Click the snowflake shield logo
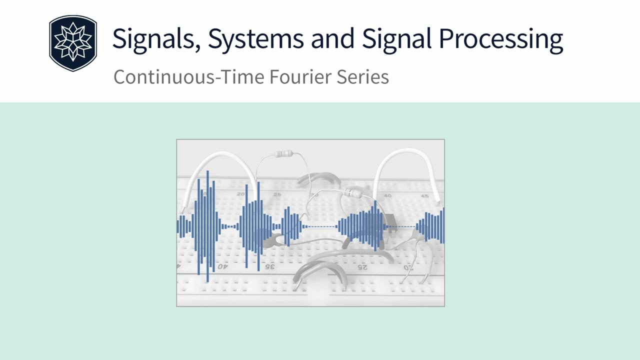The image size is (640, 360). coord(73,43)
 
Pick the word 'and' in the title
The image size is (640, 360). coord(334,39)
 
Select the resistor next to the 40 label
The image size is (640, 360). coord(353,193)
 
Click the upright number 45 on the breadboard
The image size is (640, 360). coord(424,195)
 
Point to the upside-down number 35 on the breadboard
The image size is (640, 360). coord(269,267)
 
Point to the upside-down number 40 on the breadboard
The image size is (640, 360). coord(221,267)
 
